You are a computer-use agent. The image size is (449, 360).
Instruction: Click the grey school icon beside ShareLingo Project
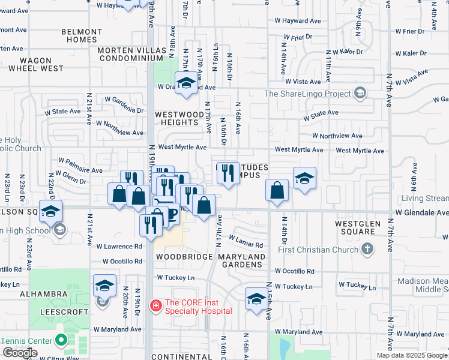(360, 93)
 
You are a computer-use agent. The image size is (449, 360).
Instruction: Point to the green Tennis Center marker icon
(61, 340)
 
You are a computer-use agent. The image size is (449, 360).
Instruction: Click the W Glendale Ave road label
(421, 212)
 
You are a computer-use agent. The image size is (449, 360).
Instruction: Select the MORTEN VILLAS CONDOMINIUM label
(132, 54)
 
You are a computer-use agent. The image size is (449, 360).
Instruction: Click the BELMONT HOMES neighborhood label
(81, 35)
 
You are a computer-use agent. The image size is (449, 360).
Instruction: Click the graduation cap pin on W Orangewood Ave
(186, 83)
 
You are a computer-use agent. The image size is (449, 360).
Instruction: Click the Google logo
(20, 353)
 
